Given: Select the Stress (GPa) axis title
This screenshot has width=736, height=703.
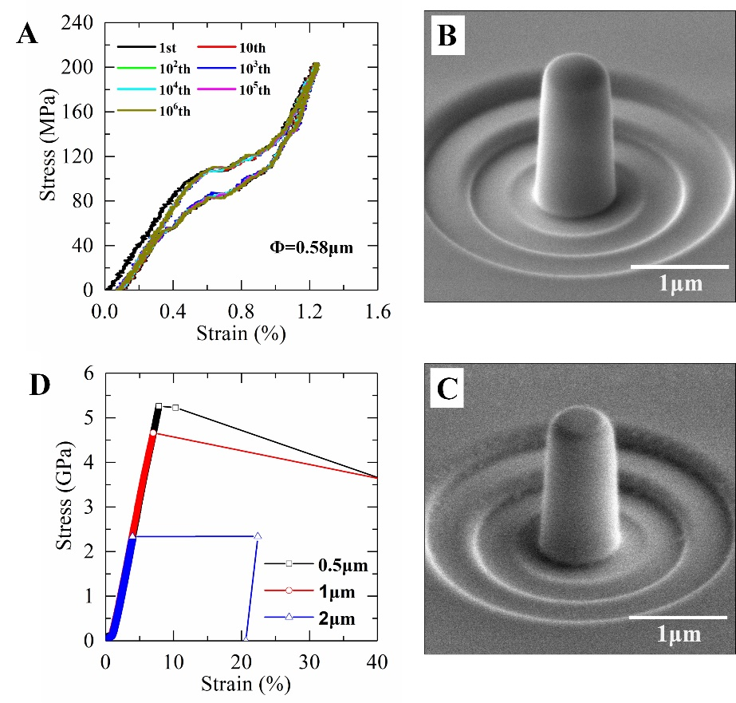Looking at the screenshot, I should click(x=64, y=511).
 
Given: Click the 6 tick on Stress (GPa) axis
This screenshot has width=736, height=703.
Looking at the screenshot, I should click(x=91, y=373).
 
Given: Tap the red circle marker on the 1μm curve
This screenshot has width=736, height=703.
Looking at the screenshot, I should click(x=154, y=432).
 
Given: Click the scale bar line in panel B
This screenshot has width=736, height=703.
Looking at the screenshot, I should click(x=680, y=265).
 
